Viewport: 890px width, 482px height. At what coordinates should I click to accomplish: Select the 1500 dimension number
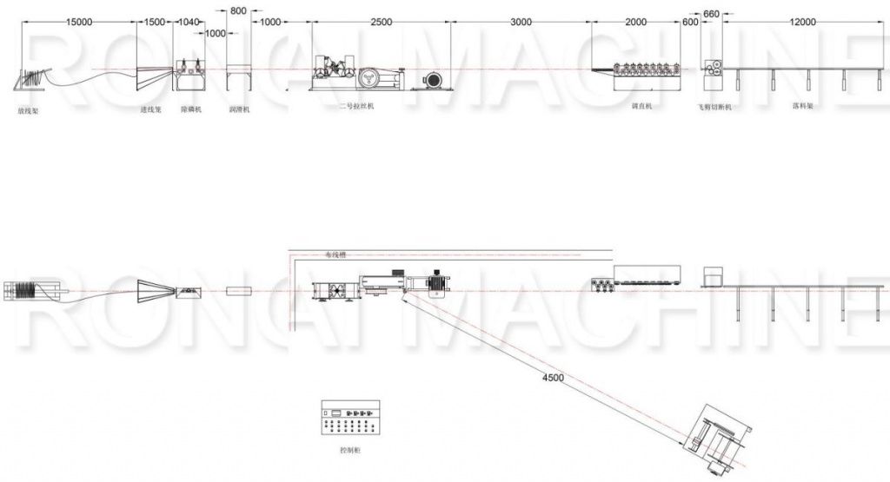tap(156, 23)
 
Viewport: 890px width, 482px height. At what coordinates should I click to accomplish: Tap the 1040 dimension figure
tap(190, 23)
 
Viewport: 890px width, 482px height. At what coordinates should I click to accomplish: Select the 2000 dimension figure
tap(636, 23)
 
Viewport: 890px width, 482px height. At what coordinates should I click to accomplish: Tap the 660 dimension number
tap(711, 13)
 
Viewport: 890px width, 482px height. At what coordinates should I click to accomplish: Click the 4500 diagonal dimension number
tap(553, 378)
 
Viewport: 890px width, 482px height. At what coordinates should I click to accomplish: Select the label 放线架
tap(28, 111)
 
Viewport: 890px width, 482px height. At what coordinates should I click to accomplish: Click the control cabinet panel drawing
tap(350, 418)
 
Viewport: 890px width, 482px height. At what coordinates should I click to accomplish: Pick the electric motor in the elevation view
tap(431, 80)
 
